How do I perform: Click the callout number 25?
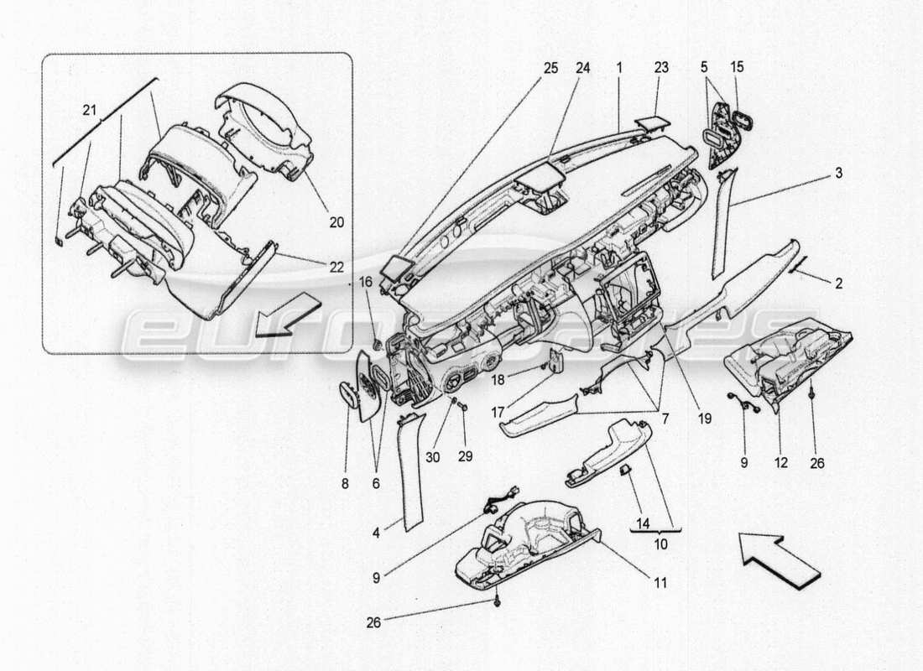[550, 67]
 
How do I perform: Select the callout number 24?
[581, 67]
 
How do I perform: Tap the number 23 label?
[662, 67]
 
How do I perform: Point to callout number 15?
[736, 67]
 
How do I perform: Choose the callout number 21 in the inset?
[88, 110]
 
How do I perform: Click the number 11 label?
[660, 581]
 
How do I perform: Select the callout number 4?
[378, 531]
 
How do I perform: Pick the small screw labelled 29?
[462, 416]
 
